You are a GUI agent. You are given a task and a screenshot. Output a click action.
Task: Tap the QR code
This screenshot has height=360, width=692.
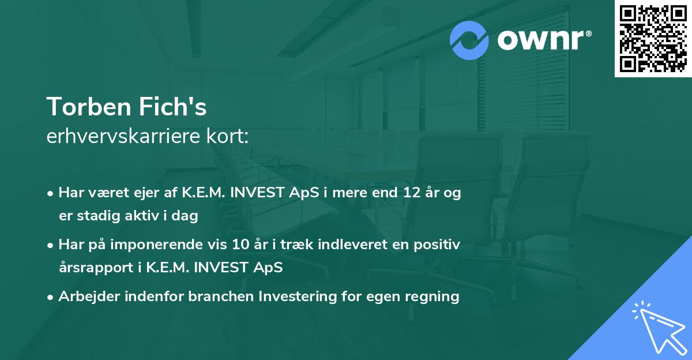[653, 39]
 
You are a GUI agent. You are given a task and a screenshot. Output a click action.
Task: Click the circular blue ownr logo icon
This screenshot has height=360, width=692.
[469, 40]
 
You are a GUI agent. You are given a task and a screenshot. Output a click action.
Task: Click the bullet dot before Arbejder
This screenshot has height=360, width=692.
[51, 297]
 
